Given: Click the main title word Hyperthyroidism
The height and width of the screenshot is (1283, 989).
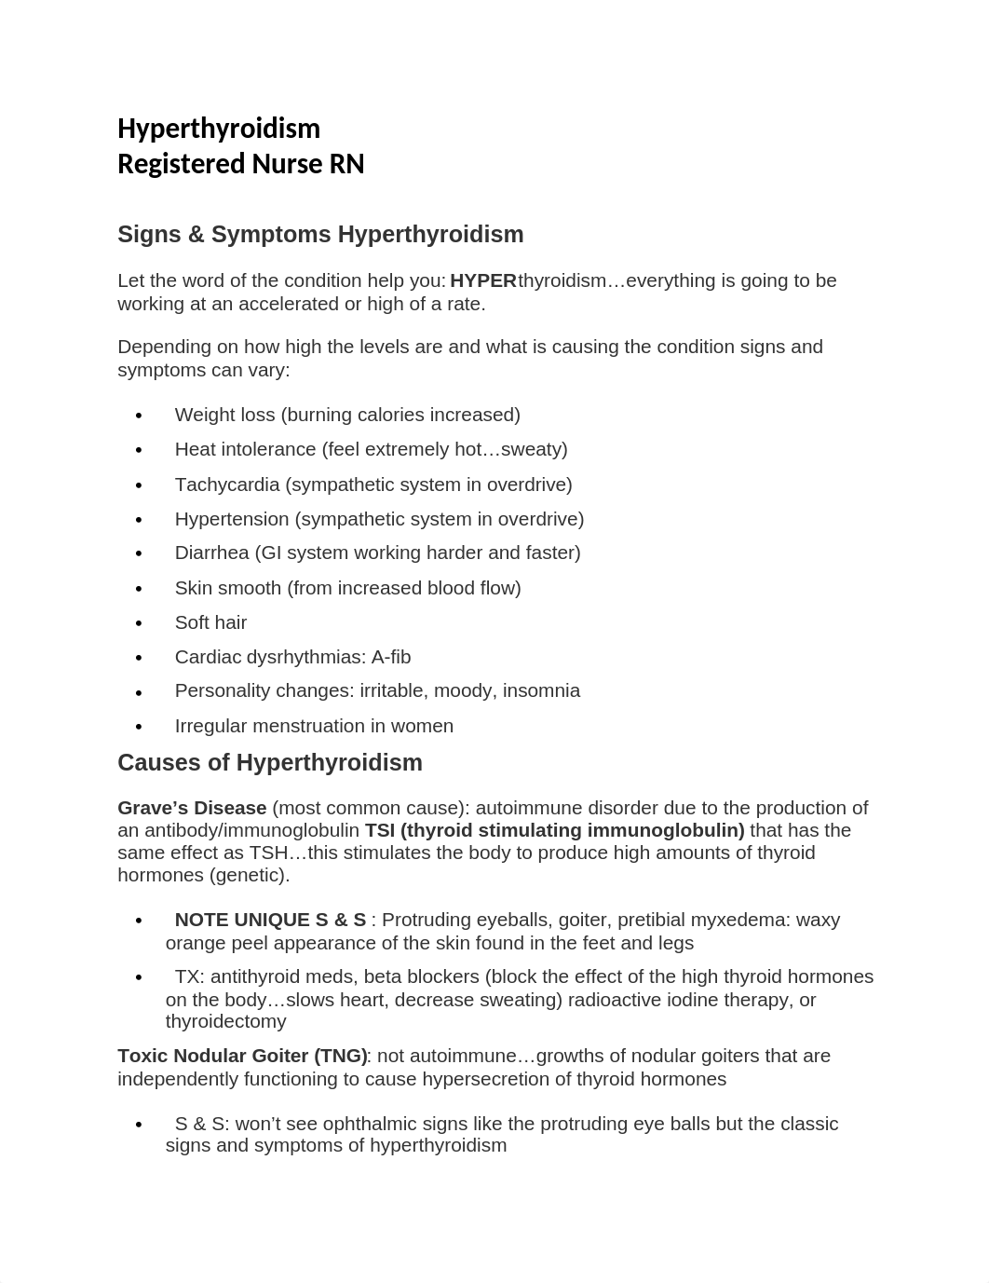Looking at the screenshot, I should point(219,129).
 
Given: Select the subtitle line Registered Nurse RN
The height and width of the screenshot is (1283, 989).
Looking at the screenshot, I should point(240,164).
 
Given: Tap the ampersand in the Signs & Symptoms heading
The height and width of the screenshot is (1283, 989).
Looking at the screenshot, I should point(196,235).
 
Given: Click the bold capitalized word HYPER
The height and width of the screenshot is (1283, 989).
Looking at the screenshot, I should point(482,280).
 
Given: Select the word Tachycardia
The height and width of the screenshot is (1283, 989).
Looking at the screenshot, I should point(227,485).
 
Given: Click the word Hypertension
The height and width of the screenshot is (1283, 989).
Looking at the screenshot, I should point(232,519).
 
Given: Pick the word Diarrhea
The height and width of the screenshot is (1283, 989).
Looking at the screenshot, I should point(211,553).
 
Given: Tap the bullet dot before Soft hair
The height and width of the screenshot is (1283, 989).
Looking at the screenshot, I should point(139,623).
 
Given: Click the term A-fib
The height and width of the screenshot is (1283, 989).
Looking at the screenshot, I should point(390,657).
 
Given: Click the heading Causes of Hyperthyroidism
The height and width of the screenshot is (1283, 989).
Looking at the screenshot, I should point(270,762).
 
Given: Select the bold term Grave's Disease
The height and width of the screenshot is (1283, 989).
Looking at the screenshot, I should point(192,808).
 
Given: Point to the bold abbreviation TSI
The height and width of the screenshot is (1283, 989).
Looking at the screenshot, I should point(380,830).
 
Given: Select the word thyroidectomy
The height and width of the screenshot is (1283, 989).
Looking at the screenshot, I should point(225,1021).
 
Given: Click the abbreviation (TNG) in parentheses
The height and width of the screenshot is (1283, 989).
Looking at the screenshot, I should point(340,1056).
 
